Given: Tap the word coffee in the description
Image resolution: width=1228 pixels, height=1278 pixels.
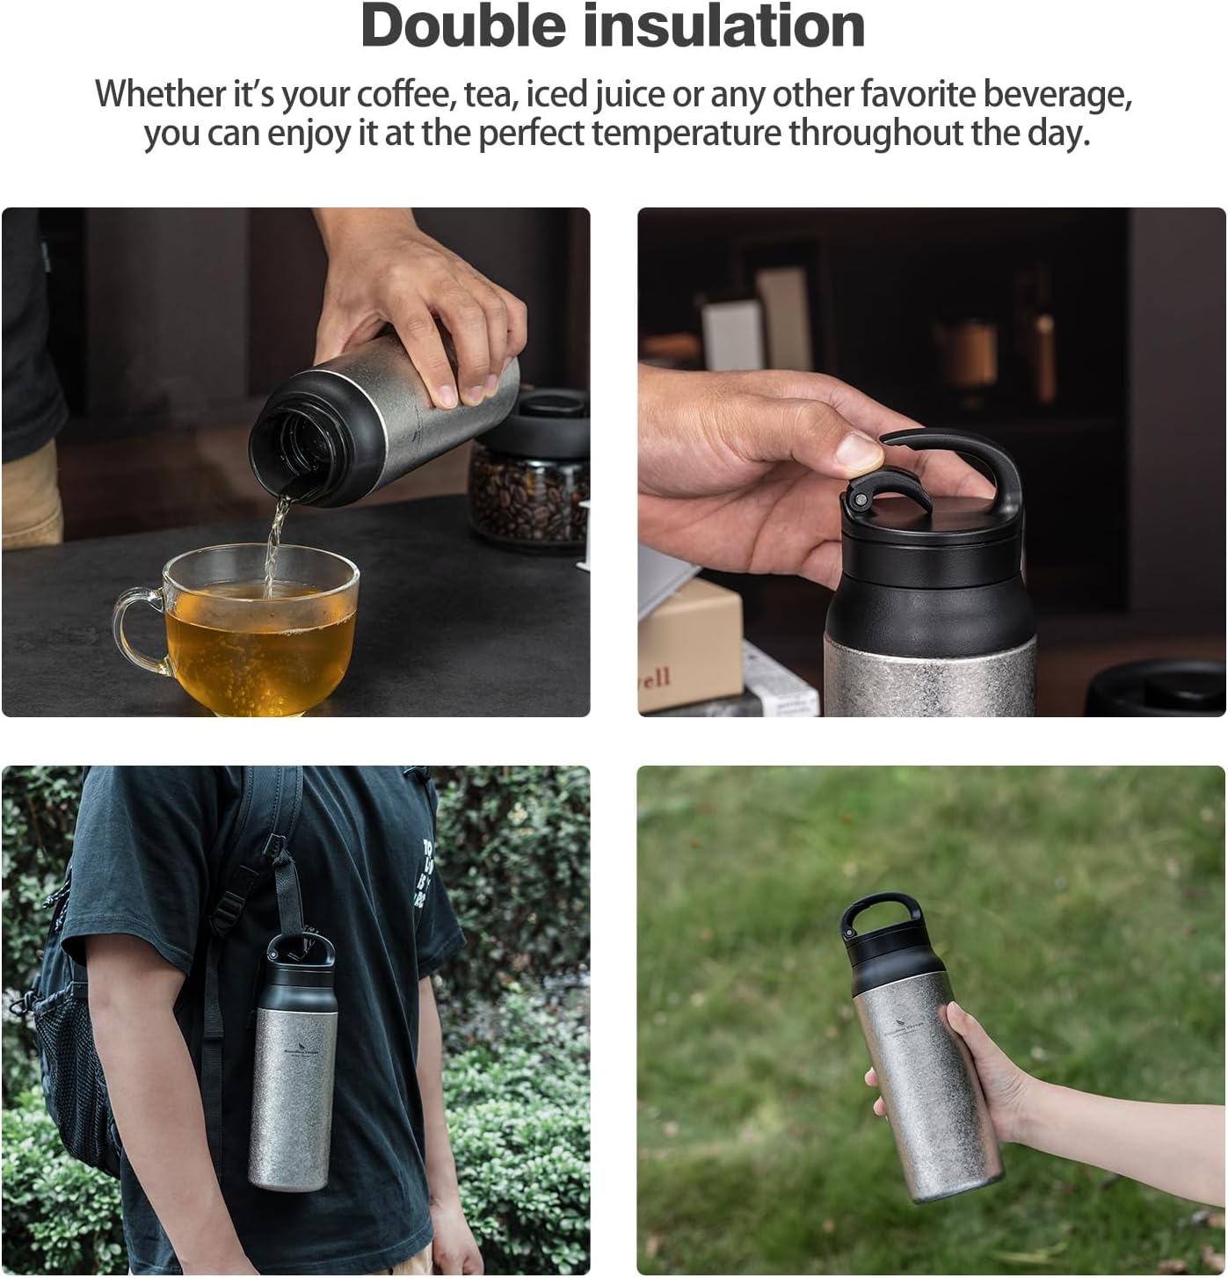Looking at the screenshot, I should click(403, 95).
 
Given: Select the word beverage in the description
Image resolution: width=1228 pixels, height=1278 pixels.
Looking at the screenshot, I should click(1056, 95).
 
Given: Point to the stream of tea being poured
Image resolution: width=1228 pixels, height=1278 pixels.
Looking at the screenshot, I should click(275, 536).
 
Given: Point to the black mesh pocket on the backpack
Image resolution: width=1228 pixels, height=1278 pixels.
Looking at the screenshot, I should click(70, 1055).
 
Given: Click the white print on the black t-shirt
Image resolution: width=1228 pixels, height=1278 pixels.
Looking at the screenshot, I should click(425, 875).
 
